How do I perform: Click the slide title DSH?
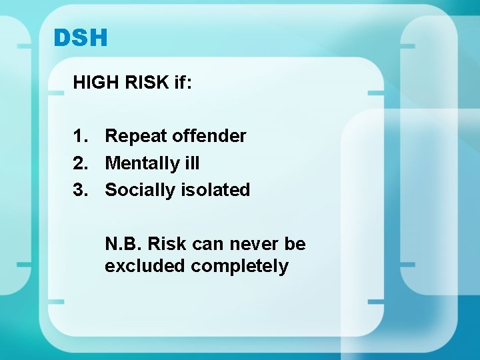click(x=80, y=38)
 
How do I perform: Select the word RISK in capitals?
click(x=139, y=83)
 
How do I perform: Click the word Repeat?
click(x=136, y=137)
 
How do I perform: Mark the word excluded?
click(x=145, y=266)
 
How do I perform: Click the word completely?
click(x=240, y=267)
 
